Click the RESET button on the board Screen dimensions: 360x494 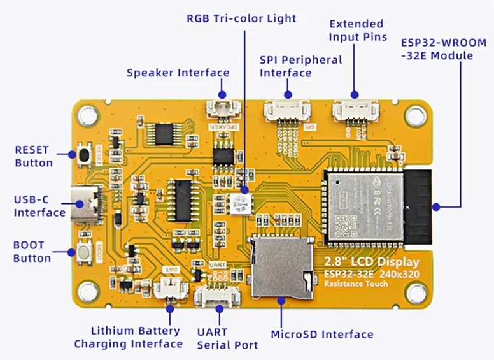[83, 153]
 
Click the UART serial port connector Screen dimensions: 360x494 [218, 295]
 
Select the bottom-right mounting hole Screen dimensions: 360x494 [417, 292]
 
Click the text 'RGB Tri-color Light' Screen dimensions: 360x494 [241, 18]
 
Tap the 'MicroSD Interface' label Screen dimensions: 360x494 [322, 335]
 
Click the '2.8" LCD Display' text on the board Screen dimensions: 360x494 [372, 262]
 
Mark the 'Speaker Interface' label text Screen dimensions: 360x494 [178, 73]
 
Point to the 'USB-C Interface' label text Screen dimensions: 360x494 [39, 206]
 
